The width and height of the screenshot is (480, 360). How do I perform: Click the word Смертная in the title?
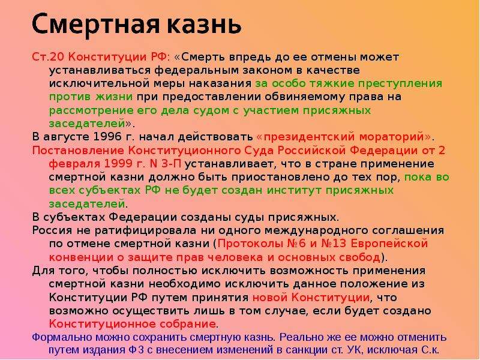click(x=96, y=24)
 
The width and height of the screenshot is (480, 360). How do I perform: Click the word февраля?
click(x=74, y=164)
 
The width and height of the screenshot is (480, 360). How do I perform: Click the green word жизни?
click(x=113, y=97)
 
